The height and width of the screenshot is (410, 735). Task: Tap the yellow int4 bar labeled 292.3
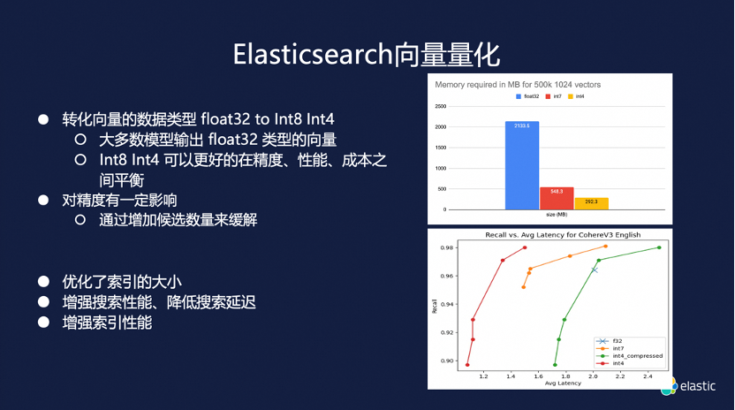click(x=591, y=203)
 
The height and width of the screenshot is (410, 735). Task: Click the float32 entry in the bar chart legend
click(x=528, y=95)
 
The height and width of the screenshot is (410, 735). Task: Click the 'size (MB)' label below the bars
click(x=557, y=215)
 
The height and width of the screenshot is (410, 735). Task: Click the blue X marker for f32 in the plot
click(x=595, y=270)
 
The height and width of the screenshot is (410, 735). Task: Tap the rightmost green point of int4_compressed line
click(x=659, y=247)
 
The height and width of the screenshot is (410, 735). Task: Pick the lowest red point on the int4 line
click(x=467, y=365)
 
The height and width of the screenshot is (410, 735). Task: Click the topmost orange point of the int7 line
click(x=605, y=247)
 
